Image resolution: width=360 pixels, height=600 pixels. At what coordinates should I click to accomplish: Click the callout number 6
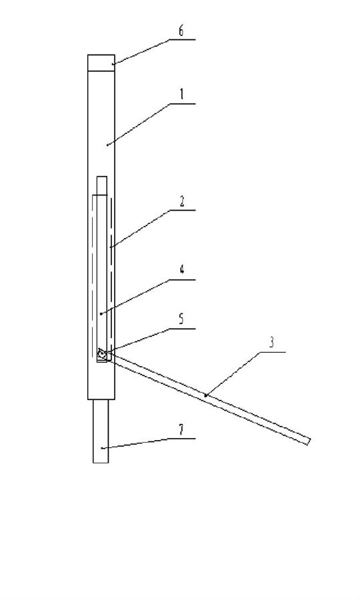point(181,31)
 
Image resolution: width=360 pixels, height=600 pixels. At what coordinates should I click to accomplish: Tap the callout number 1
point(182,94)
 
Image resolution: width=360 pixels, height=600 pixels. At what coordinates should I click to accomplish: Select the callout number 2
point(182,201)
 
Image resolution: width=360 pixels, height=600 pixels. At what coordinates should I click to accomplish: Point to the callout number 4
point(182,270)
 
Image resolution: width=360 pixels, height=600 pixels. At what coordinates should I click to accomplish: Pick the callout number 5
point(181,319)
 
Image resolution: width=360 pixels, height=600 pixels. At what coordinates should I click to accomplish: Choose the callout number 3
point(271,343)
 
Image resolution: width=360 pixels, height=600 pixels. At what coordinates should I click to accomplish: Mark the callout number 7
point(181,430)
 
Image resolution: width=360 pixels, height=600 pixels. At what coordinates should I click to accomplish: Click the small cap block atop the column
point(101,63)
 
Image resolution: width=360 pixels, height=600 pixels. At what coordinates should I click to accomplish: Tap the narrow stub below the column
point(101,431)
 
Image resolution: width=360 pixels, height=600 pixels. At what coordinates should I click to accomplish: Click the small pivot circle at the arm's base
point(102,355)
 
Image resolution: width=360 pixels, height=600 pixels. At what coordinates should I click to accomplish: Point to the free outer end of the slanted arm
point(309,441)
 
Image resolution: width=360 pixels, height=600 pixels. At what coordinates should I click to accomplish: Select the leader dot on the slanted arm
point(205,395)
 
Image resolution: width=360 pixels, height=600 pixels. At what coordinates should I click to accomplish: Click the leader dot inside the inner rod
point(100,313)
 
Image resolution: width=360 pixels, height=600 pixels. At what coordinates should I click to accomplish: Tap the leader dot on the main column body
point(107,145)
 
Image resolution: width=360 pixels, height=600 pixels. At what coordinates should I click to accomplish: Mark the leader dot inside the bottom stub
point(102,447)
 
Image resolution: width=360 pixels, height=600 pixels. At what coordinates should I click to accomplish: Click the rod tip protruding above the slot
point(102,185)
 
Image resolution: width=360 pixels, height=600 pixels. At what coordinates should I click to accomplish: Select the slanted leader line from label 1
point(138,124)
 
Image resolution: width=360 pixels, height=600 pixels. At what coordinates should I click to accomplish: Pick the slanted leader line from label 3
point(233,373)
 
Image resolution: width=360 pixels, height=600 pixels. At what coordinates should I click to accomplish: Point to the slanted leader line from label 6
point(141,51)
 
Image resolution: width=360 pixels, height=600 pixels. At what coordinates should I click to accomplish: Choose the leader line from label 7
point(135,443)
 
